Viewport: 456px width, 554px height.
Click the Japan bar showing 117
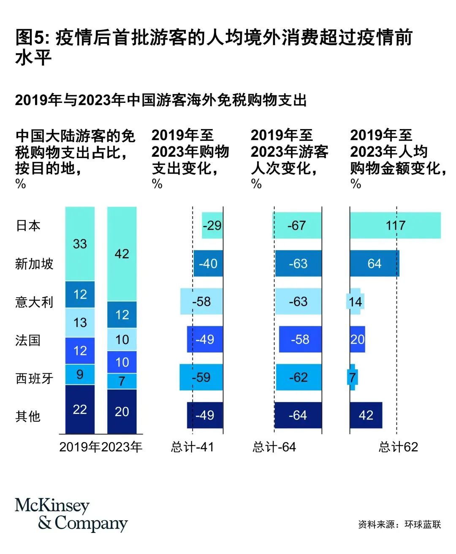coord(395,226)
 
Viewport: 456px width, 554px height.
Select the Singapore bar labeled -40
coord(208,264)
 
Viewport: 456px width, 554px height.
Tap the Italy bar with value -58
coord(201,301)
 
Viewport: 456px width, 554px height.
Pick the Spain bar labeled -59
coord(201,377)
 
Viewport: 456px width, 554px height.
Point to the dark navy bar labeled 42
coord(366,415)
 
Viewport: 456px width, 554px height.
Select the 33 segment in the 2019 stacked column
coord(80,244)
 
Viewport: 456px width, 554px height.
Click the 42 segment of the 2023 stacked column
coord(122,254)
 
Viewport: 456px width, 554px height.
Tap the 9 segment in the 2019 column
coord(80,374)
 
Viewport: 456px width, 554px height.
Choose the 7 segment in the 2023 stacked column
coord(122,381)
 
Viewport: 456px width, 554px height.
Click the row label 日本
coord(28,226)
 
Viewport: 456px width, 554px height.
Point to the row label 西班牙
coord(34,378)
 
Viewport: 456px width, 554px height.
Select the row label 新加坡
coord(34,264)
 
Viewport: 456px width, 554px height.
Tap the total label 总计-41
coord(193,447)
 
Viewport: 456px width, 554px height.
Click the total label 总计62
coord(398,447)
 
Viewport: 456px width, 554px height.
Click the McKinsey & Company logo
coord(71,514)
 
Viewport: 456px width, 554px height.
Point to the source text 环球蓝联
coord(422,524)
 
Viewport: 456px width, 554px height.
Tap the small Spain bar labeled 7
coord(353,377)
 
